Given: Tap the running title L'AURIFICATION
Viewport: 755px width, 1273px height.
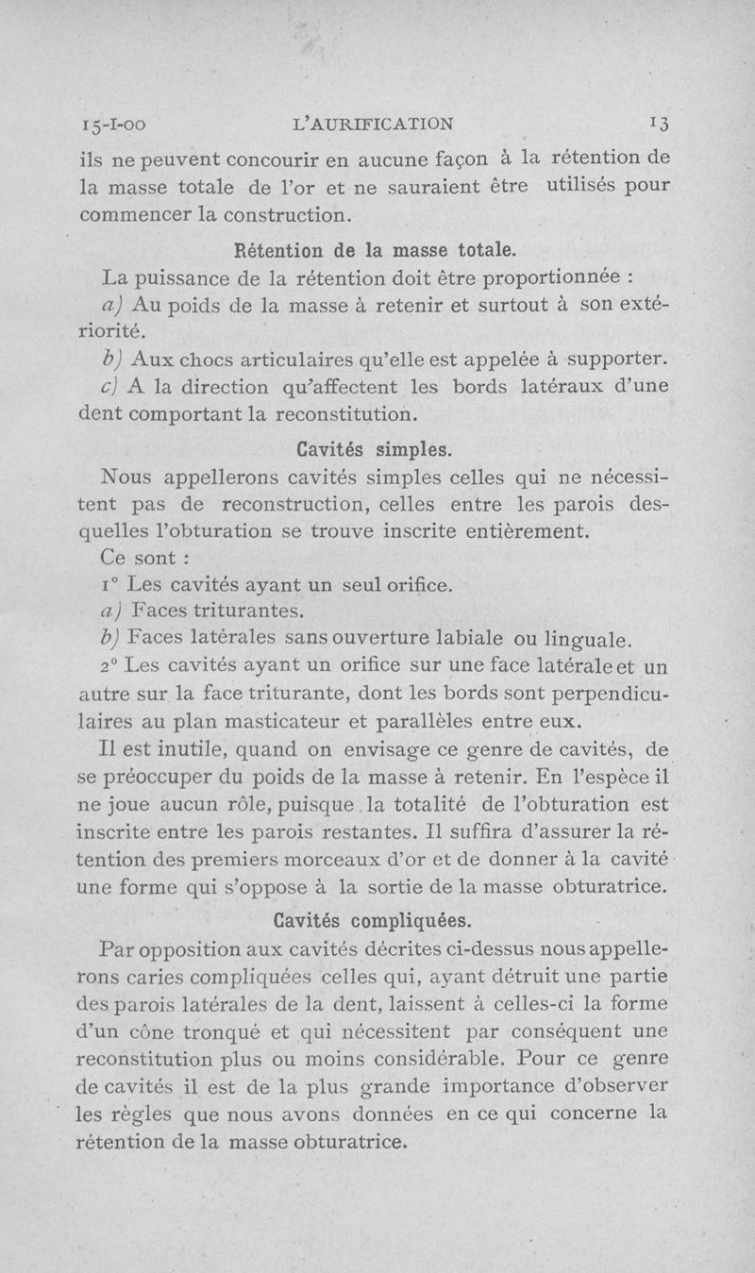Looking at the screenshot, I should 375,123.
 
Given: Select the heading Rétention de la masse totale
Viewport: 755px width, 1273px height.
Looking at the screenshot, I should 375,251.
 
